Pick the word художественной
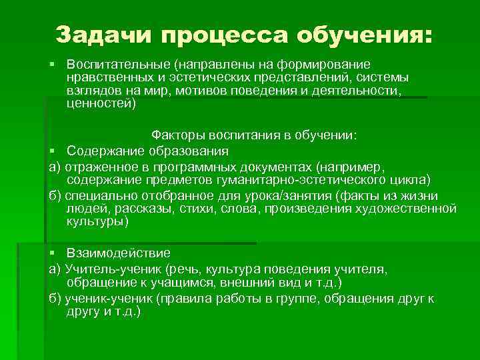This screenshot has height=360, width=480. pyautogui.click(x=410, y=208)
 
